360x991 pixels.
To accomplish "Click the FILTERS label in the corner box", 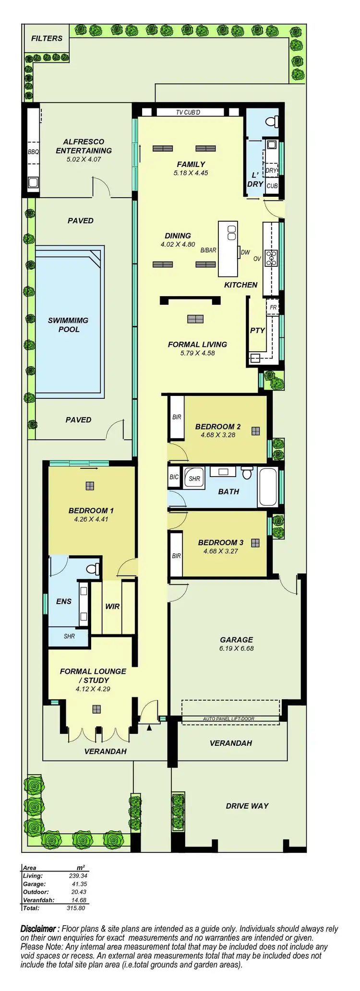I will (x=47, y=38).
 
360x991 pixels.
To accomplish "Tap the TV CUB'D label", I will (x=188, y=112).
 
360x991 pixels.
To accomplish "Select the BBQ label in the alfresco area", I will (x=33, y=152).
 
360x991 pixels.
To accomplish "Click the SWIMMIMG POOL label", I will (x=68, y=325).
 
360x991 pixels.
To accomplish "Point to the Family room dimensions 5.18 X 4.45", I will (x=191, y=173).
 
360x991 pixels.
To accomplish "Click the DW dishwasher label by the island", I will (x=245, y=252).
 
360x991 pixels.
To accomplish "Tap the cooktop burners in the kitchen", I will (x=272, y=258).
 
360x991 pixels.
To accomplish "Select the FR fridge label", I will (x=273, y=308).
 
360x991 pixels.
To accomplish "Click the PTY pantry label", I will (x=257, y=330).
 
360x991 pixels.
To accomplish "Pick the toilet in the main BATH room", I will (x=247, y=473).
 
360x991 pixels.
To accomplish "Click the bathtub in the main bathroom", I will (x=268, y=487).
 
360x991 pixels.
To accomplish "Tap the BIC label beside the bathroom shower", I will (x=174, y=477).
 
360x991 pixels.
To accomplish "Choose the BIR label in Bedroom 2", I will (x=177, y=417).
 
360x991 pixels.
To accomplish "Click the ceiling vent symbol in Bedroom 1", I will (x=90, y=486).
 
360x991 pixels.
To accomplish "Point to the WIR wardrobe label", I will (x=112, y=606).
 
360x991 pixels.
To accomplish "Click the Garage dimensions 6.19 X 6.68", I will (x=236, y=648).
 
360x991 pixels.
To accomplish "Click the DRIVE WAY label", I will (x=247, y=806).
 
